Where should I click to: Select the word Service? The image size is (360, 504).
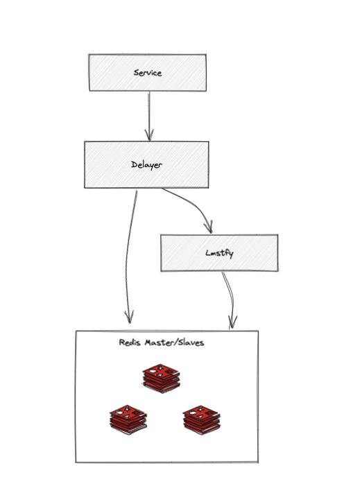click(147, 73)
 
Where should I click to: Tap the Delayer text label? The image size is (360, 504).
click(146, 165)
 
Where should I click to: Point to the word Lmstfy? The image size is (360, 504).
click(219, 253)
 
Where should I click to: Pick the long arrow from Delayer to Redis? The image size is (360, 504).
click(128, 257)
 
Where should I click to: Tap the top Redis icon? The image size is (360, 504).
click(161, 378)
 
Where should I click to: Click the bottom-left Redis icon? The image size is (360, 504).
click(128, 419)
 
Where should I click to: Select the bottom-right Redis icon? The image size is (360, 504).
click(202, 419)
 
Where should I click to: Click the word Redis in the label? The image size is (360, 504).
click(130, 342)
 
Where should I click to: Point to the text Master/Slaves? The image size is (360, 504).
click(174, 342)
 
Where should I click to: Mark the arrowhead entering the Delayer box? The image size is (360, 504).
click(148, 136)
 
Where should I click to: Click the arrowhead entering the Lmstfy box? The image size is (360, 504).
click(208, 228)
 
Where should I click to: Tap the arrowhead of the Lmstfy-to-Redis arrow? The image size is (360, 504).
click(232, 323)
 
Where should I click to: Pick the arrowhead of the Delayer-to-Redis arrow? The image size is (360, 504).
click(129, 318)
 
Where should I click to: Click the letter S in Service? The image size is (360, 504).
click(135, 73)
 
